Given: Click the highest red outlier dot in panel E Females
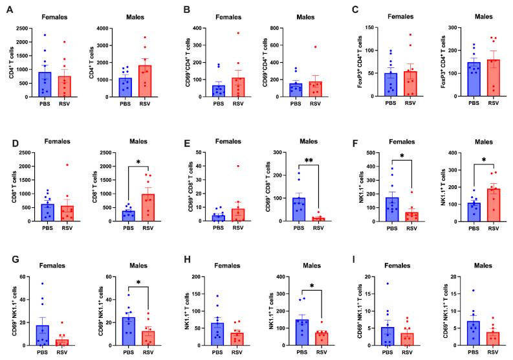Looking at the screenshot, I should click(x=239, y=166).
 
